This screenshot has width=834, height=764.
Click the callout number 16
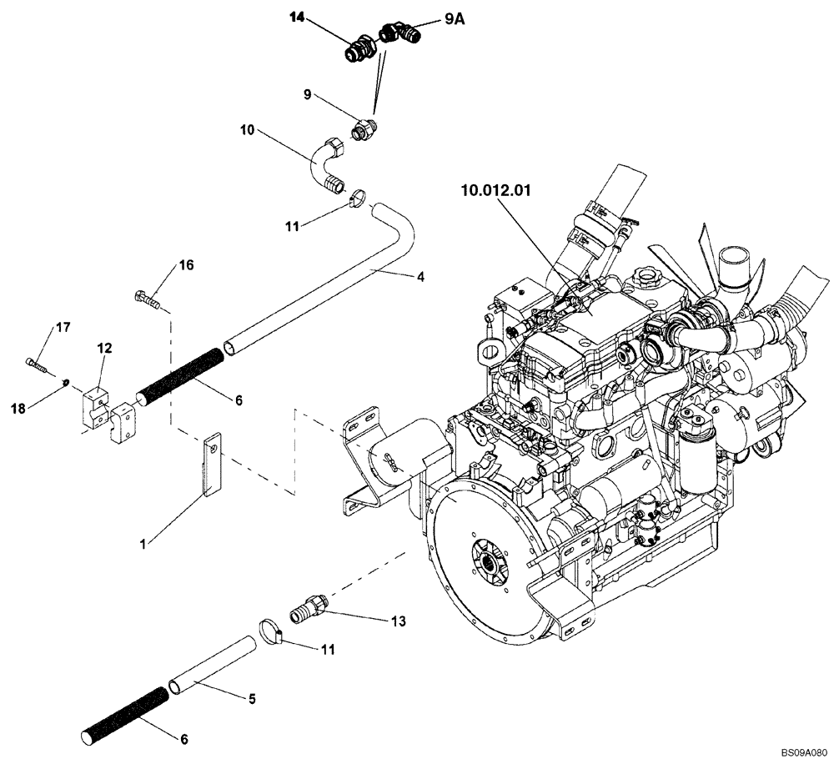[186, 265]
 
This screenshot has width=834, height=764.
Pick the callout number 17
[63, 329]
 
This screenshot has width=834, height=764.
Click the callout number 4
[421, 276]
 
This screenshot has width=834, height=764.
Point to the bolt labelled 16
[147, 298]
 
